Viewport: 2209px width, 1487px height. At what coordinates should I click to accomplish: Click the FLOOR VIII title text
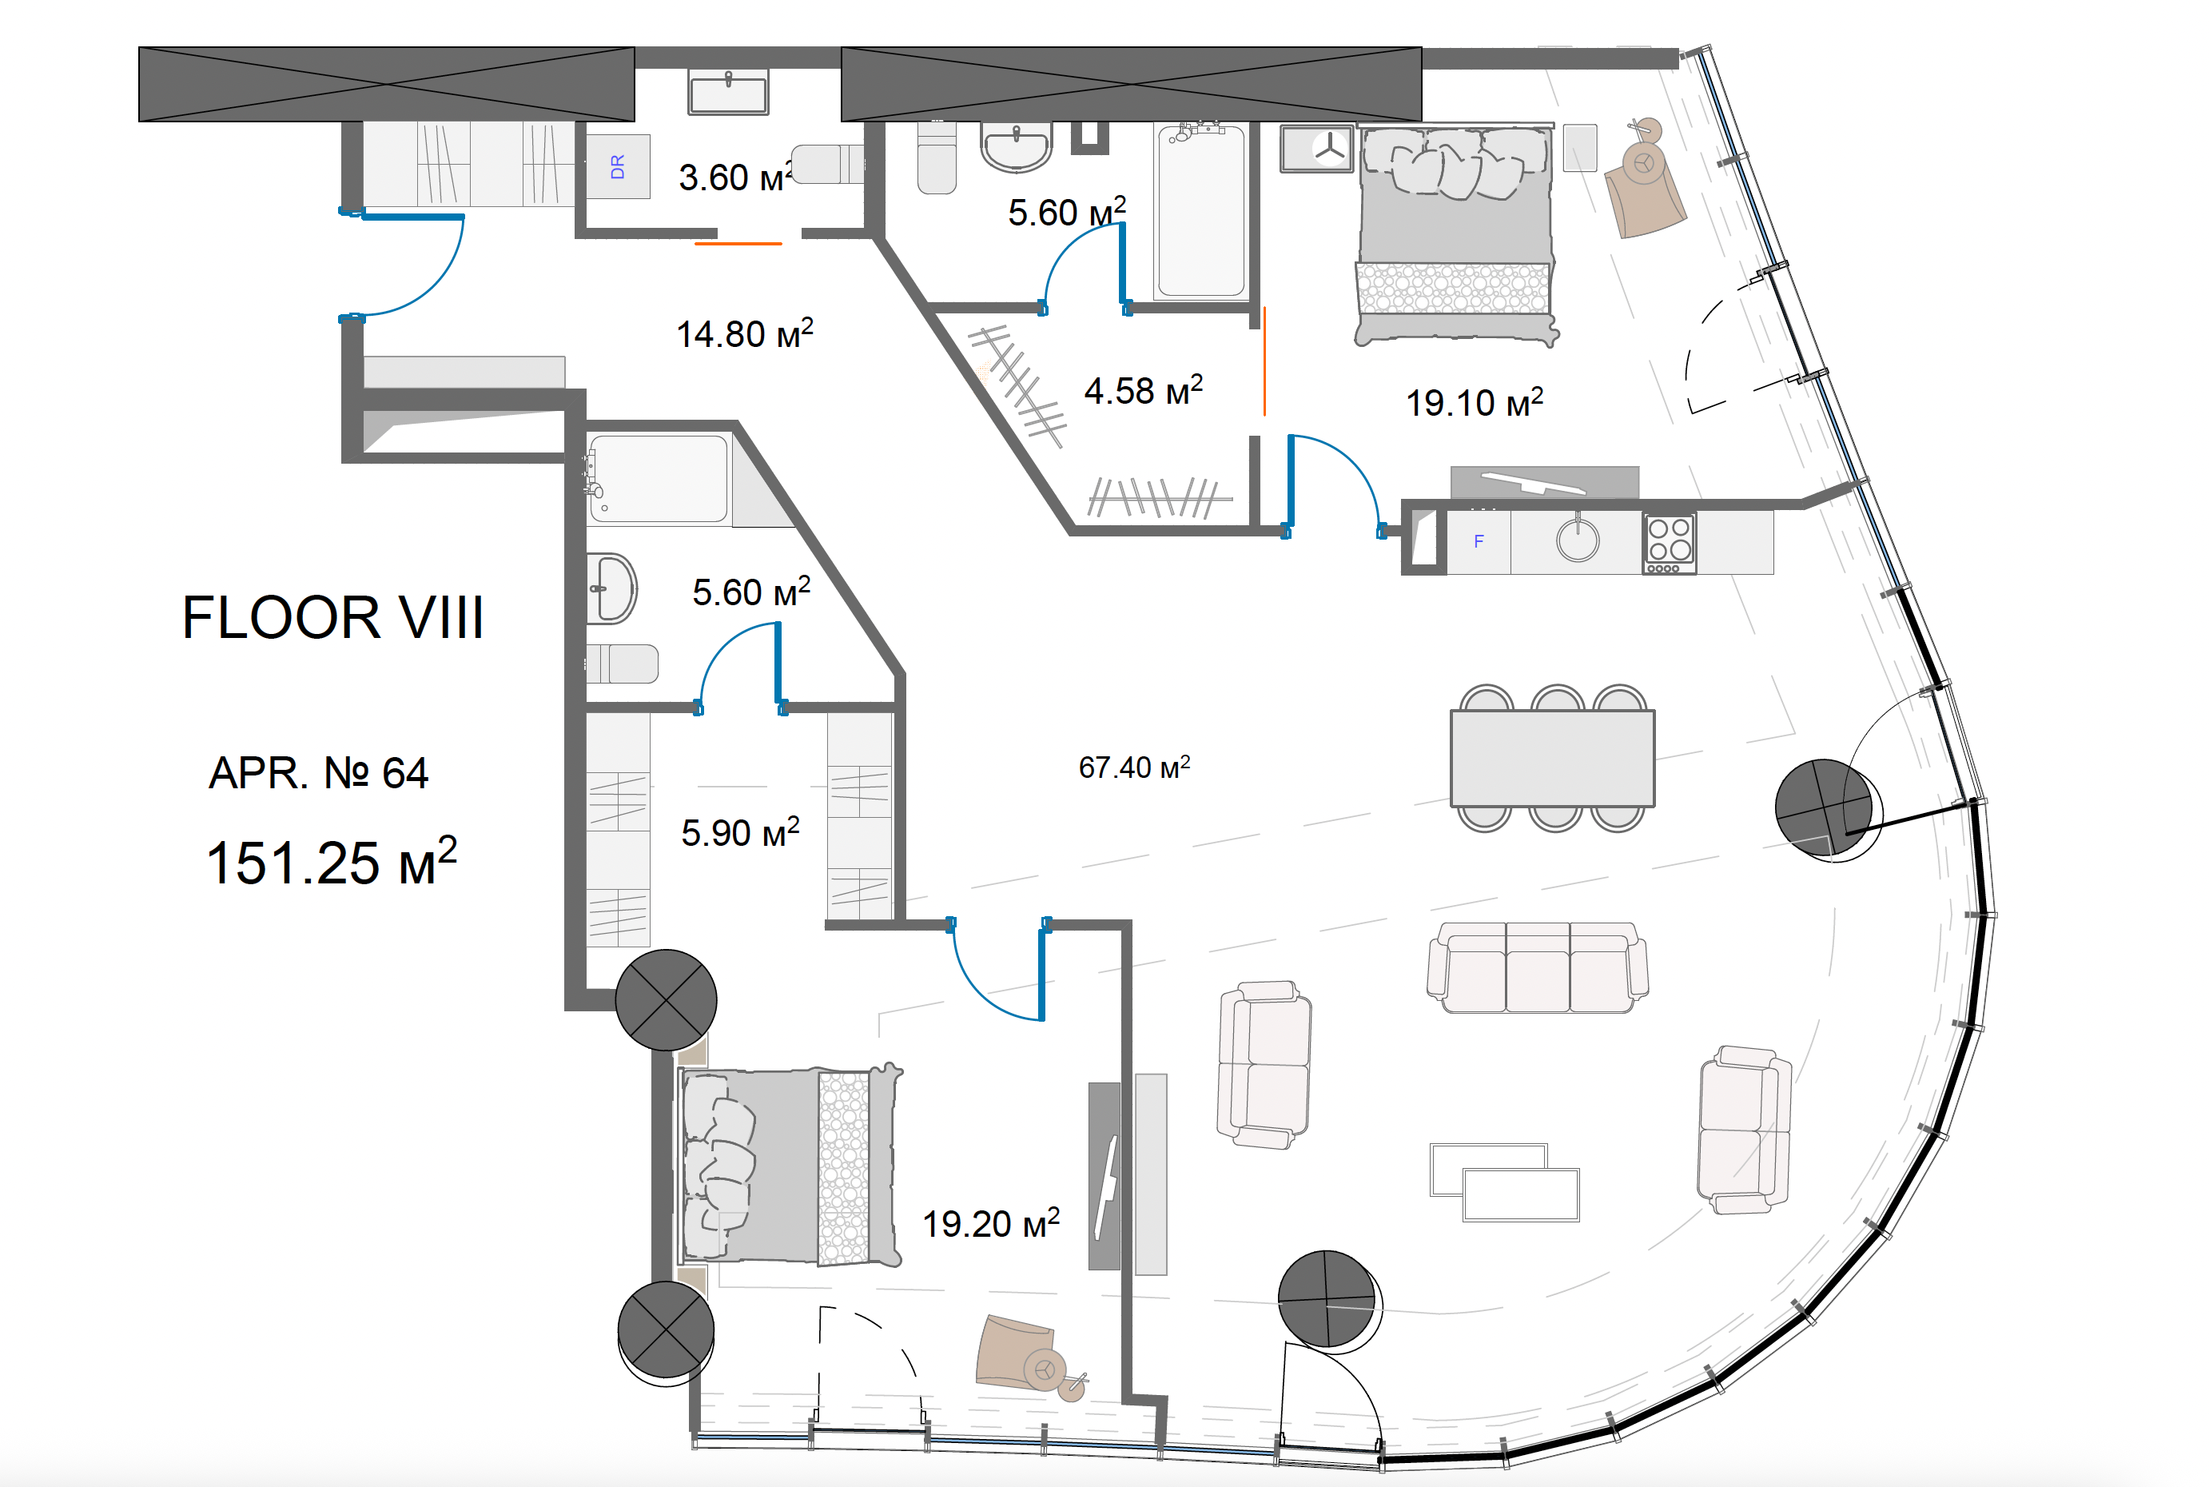click(x=332, y=617)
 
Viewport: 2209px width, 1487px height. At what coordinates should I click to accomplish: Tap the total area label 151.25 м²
click(x=332, y=861)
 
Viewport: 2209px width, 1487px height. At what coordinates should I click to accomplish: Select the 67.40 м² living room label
click(x=1134, y=766)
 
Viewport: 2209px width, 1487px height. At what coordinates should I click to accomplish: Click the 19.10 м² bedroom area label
click(x=1475, y=402)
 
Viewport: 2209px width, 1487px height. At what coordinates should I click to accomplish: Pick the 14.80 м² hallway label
click(x=744, y=333)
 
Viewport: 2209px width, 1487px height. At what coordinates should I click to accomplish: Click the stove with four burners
click(x=1670, y=543)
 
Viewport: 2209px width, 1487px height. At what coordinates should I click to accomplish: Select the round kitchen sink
click(x=1578, y=540)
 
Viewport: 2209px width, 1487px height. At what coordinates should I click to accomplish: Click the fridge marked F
click(x=1478, y=541)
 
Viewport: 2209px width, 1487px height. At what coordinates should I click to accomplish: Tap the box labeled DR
click(x=617, y=167)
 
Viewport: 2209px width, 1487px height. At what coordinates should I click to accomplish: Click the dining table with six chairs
click(x=1552, y=758)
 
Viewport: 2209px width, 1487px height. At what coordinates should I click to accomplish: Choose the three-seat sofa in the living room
click(x=1537, y=967)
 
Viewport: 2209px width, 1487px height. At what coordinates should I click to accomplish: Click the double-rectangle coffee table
click(x=1505, y=1182)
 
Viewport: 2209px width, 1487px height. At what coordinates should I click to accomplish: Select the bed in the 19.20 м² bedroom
click(x=790, y=1166)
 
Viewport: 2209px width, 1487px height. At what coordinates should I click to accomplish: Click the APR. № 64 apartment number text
click(x=319, y=772)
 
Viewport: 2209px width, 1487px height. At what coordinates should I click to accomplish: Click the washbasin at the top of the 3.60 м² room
click(x=728, y=93)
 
